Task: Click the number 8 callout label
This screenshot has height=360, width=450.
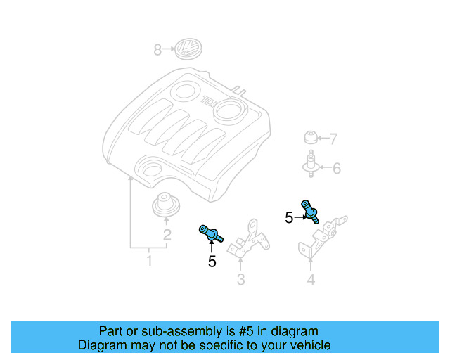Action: point(158,49)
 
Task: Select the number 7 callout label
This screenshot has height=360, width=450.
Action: point(334,139)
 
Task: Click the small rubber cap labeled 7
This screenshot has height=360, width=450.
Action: point(309,137)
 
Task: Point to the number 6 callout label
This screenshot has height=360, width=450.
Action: point(336,168)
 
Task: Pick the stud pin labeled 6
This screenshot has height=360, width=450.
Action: point(309,164)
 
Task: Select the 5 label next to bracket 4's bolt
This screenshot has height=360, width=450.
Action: point(289,218)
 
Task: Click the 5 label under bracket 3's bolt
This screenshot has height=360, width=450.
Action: point(212,262)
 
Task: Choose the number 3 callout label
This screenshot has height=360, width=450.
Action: point(240,281)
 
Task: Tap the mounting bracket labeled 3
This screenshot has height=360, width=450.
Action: point(247,239)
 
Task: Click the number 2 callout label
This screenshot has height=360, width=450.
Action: point(167,236)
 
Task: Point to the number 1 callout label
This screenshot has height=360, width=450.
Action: point(148,262)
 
